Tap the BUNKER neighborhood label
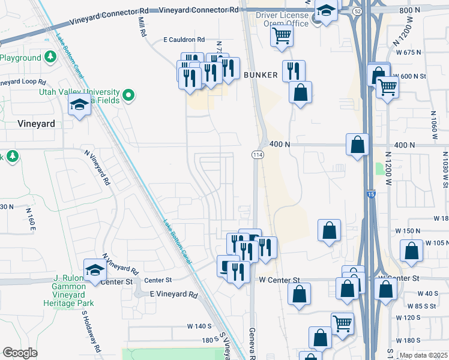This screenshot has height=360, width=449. [x=261, y=75]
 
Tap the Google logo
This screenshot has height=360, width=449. [x=19, y=353]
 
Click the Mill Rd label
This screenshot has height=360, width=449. [x=142, y=28]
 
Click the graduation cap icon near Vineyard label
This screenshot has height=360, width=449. [x=79, y=106]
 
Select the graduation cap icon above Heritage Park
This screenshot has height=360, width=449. [x=95, y=271]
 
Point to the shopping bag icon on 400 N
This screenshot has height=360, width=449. [x=358, y=145]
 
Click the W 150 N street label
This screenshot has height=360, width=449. [x=408, y=230]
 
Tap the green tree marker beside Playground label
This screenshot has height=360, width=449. [x=50, y=57]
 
